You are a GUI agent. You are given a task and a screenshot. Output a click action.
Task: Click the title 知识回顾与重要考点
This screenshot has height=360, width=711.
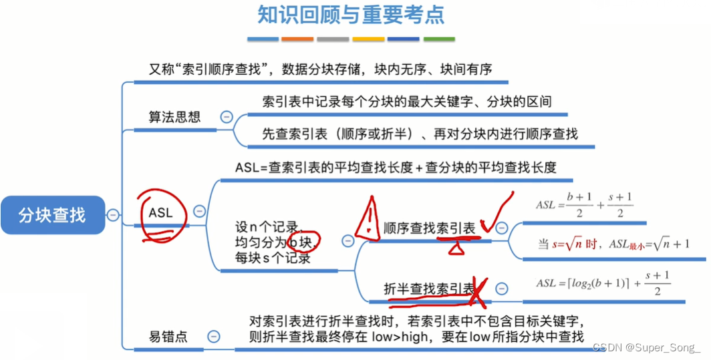click(x=351, y=15)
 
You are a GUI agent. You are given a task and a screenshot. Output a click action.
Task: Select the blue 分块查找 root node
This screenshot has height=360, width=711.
click(x=53, y=214)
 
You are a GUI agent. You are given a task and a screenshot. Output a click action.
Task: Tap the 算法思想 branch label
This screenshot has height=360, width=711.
click(x=174, y=116)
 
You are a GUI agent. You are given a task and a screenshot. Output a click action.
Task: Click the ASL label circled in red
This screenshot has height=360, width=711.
click(x=160, y=213)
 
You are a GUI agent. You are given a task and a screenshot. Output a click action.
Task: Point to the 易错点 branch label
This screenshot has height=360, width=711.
click(x=168, y=337)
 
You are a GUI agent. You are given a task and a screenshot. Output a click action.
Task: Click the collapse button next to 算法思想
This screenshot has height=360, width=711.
click(x=226, y=116)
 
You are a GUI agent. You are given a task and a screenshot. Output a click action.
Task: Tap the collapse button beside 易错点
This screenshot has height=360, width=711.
click(x=213, y=337)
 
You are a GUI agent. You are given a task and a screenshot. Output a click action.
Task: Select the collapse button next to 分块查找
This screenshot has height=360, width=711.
click(x=113, y=214)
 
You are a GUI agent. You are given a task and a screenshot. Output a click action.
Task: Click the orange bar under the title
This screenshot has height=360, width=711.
click(x=297, y=39)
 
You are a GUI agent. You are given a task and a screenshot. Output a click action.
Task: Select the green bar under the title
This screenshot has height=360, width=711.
click(x=439, y=39)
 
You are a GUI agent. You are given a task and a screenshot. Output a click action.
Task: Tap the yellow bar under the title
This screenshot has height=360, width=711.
click(x=368, y=39)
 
